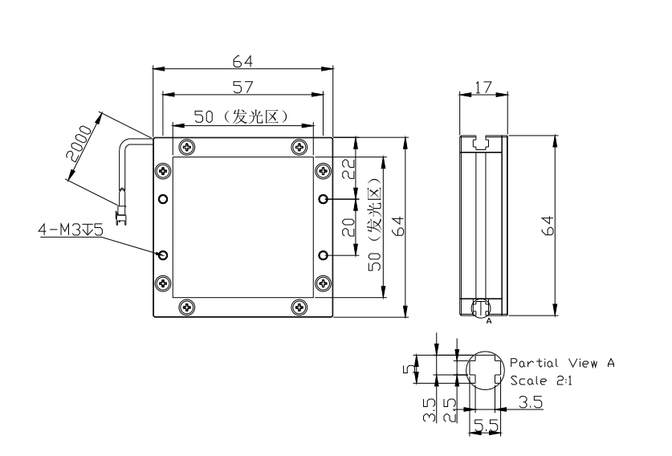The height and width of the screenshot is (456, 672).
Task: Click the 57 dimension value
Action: coord(243,87)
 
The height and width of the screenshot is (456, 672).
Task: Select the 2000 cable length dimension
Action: coord(79,143)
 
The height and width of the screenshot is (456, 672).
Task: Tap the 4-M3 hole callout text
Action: coord(71,230)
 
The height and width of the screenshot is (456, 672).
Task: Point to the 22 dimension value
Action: coord(349,169)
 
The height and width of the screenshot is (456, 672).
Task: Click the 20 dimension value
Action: coord(349,227)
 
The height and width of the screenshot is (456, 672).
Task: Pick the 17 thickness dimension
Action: coord(483,88)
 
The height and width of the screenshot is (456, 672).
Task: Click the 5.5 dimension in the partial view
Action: coord(487,425)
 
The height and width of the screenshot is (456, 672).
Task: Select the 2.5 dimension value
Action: coord(450,410)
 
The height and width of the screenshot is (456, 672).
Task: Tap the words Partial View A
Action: coord(562,364)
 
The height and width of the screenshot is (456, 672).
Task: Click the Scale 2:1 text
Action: coord(541,381)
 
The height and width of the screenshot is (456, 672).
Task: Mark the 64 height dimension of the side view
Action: coord(548,226)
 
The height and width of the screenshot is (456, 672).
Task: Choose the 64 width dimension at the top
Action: coord(243,62)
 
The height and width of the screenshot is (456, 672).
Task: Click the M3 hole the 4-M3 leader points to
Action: coord(163,255)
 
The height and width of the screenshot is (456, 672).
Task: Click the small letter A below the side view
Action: coord(489,321)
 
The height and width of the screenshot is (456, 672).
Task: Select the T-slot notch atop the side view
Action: coord(481,142)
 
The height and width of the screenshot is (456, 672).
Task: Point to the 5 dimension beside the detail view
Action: coord(409,368)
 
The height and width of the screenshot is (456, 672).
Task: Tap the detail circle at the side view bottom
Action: coord(481,308)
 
